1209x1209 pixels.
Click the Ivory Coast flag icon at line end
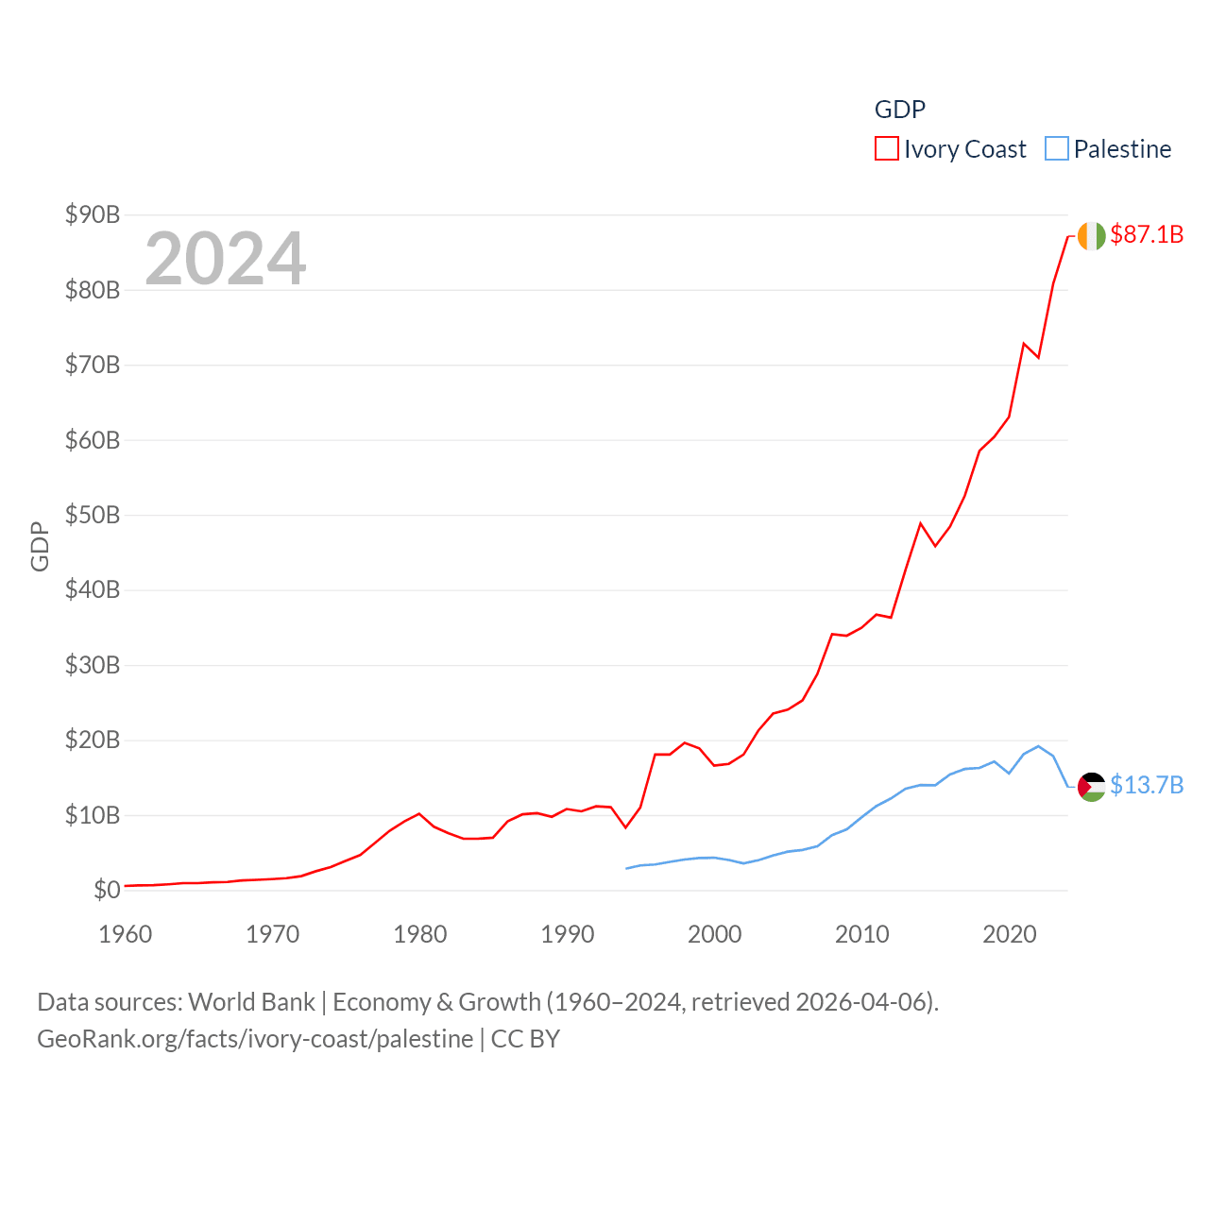click(1091, 235)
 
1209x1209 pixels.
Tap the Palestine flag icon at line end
click(1091, 787)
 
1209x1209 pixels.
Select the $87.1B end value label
click(1147, 234)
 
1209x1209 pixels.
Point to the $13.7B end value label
click(1147, 786)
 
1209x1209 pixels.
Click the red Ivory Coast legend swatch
click(886, 149)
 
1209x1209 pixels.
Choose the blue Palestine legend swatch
click(1057, 149)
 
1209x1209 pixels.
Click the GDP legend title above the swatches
click(899, 110)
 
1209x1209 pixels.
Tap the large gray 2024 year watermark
click(225, 258)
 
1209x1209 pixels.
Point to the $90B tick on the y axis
click(93, 214)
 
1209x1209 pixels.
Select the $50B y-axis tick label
click(93, 515)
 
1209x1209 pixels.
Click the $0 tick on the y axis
click(107, 890)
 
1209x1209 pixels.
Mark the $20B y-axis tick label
click(93, 740)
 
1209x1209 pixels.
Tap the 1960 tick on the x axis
click(126, 935)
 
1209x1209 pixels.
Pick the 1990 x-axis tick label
click(568, 935)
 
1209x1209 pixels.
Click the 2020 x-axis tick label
click(1010, 935)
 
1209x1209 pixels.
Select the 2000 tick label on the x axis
click(715, 935)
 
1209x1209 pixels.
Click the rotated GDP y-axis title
click(40, 546)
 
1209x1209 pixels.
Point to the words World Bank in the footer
click(251, 1002)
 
